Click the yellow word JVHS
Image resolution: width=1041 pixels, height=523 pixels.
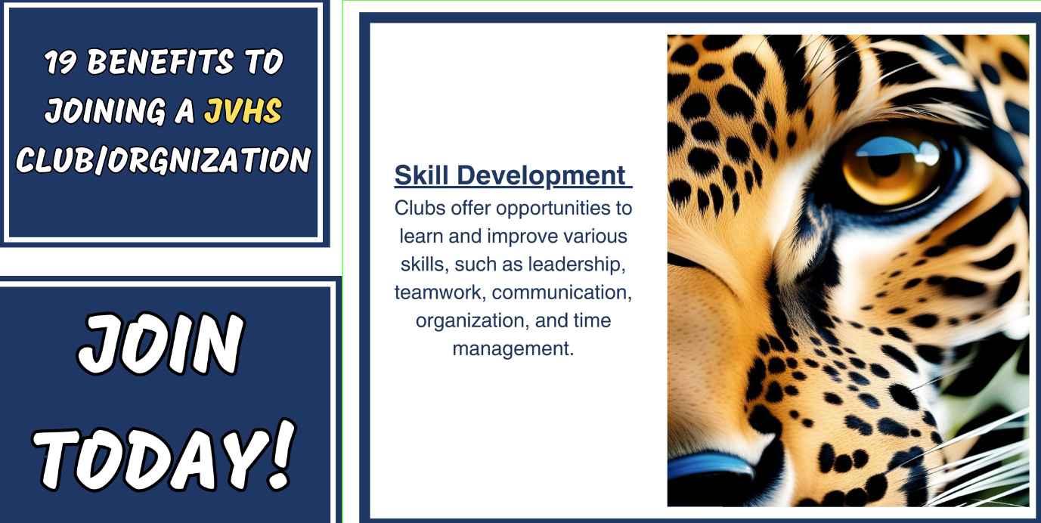pyautogui.click(x=243, y=111)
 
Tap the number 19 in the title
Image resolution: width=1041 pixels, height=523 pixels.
pyautogui.click(x=61, y=62)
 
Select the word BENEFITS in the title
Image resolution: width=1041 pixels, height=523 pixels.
pyautogui.click(x=160, y=61)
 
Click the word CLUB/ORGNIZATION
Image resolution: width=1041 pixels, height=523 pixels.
pyautogui.click(x=163, y=160)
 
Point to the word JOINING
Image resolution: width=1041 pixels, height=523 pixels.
pyautogui.click(x=106, y=111)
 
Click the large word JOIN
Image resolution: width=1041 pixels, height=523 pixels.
pyautogui.click(x=161, y=343)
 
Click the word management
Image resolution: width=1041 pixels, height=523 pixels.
pyautogui.click(x=513, y=349)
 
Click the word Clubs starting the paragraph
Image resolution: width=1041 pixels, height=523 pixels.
pyautogui.click(x=420, y=208)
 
